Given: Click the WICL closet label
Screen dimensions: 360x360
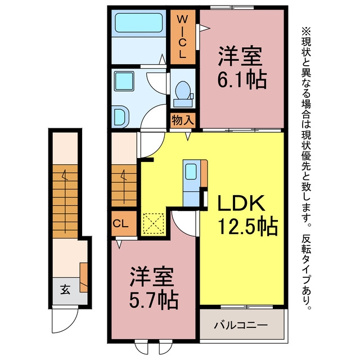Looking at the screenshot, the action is [182, 37].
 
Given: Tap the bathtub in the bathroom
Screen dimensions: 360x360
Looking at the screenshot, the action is [139, 23].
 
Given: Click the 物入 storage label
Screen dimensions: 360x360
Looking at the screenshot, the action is [183, 120].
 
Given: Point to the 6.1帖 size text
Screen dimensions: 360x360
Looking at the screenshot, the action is [242, 80].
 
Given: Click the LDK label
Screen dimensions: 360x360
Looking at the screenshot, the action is [241, 203].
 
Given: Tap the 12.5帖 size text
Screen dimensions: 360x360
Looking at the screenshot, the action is [247, 227].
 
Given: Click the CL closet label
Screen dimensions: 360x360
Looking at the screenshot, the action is [121, 223].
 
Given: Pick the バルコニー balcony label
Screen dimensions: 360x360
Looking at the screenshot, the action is [241, 325].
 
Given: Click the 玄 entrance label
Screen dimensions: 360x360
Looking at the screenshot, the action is [65, 290].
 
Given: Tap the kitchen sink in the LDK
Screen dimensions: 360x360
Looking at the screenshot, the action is [191, 172].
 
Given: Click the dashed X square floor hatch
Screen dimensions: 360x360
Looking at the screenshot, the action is [154, 223].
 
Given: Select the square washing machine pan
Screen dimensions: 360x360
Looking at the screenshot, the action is [124, 81].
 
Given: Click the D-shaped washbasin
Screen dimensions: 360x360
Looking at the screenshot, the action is [122, 116].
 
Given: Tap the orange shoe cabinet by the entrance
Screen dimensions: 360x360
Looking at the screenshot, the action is [84, 277].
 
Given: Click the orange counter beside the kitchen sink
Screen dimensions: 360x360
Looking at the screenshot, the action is [204, 173].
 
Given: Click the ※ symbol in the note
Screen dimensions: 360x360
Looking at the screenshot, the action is [306, 30].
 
